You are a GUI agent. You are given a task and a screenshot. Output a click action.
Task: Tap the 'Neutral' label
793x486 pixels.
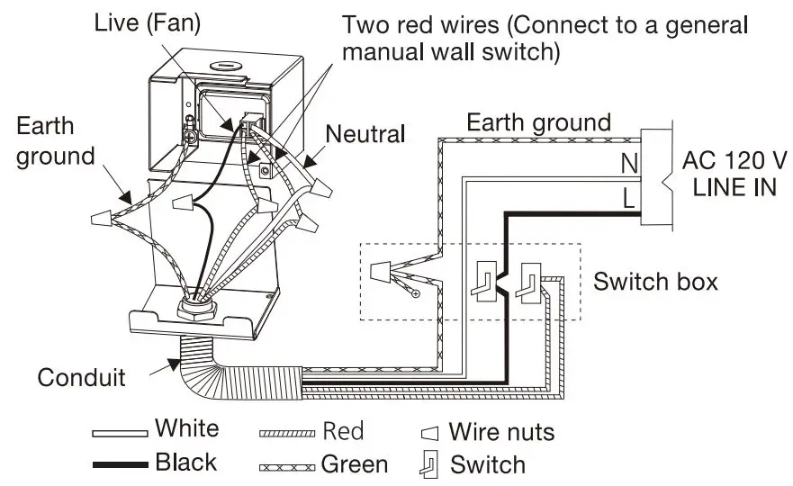[365, 135]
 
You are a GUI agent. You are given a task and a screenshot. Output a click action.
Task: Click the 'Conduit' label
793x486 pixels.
[81, 376]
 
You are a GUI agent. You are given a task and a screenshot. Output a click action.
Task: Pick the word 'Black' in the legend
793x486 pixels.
[185, 463]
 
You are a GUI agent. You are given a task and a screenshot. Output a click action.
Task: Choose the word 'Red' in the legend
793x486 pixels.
[343, 431]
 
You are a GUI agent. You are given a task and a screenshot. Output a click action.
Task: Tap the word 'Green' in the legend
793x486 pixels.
[354, 464]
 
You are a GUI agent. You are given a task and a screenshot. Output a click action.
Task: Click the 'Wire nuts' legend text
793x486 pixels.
[501, 432]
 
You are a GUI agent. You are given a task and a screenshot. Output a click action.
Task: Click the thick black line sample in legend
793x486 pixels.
[120, 464]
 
